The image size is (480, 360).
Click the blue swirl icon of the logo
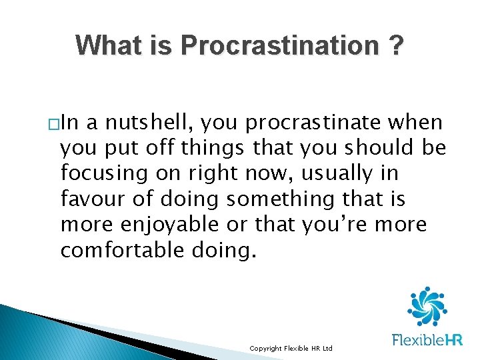[x=426, y=307]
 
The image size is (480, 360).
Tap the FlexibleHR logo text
[x=427, y=341]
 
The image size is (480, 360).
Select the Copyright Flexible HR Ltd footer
[x=290, y=349]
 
